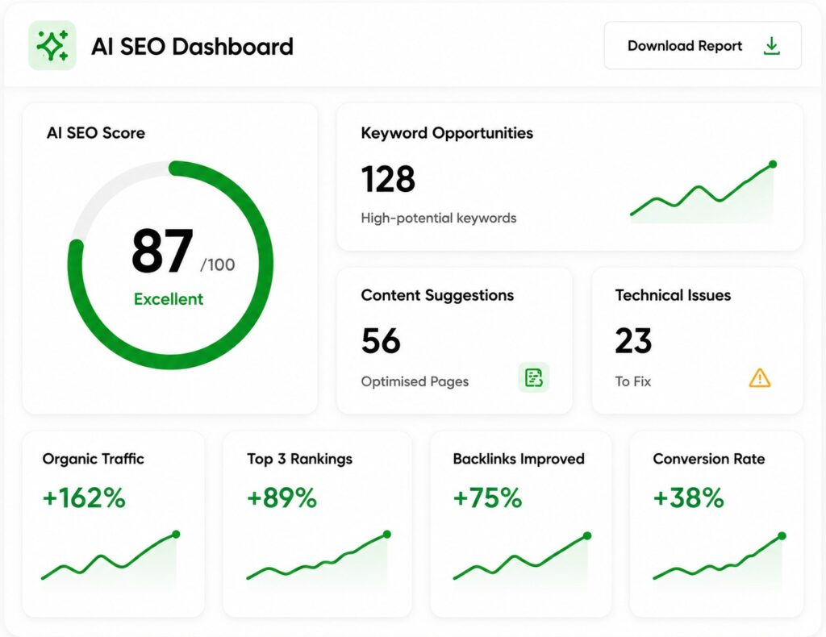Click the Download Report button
pos(703,46)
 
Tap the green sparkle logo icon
pos(52,46)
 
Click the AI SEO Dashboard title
pos(192,46)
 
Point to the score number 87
pos(162,251)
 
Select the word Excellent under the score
pos(169,299)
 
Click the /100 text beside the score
pos(218,264)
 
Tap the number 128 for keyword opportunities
pos(388,179)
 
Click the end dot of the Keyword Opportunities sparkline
pos(773,164)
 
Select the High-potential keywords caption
pos(438,218)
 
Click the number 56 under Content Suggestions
pos(381,340)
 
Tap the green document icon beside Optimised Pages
pos(534,377)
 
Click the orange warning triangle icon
pos(760,378)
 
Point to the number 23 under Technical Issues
pos(633,340)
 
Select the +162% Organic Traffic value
pos(84,498)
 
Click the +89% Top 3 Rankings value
pos(282,498)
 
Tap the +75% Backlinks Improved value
pos(487,498)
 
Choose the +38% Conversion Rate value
pos(689,498)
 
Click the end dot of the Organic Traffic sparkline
pos(176,535)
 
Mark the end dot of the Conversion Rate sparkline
pos(782,536)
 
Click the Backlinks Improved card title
pos(519,459)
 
